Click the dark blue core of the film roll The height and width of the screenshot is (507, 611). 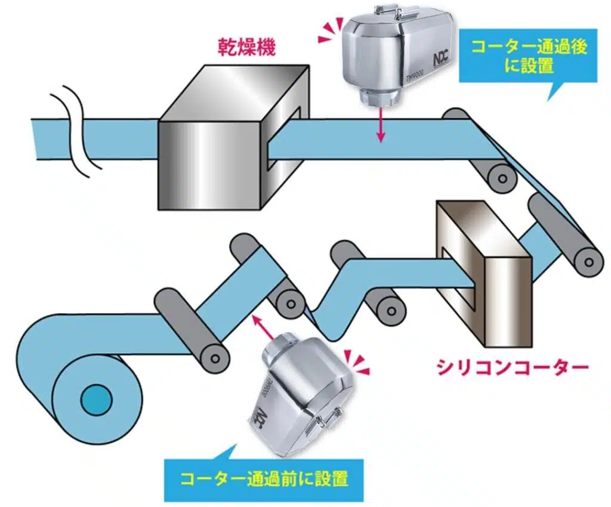click(95, 398)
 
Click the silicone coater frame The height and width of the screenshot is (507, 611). click(483, 274)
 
